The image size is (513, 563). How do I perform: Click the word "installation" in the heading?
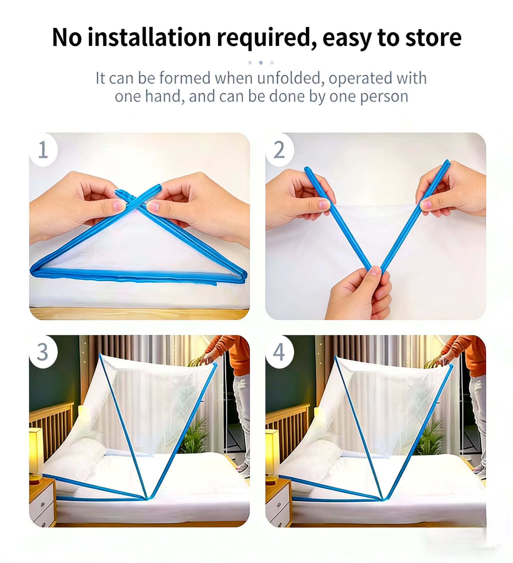[x=149, y=37]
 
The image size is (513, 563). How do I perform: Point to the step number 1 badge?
[x=43, y=150]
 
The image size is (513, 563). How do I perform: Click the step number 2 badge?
[x=279, y=150]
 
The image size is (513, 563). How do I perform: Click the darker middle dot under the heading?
[x=261, y=63]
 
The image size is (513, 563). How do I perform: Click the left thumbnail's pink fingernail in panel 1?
[x=119, y=206]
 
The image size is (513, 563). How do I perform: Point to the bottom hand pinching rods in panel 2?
[x=360, y=293]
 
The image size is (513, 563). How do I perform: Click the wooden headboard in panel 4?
[x=288, y=433]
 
